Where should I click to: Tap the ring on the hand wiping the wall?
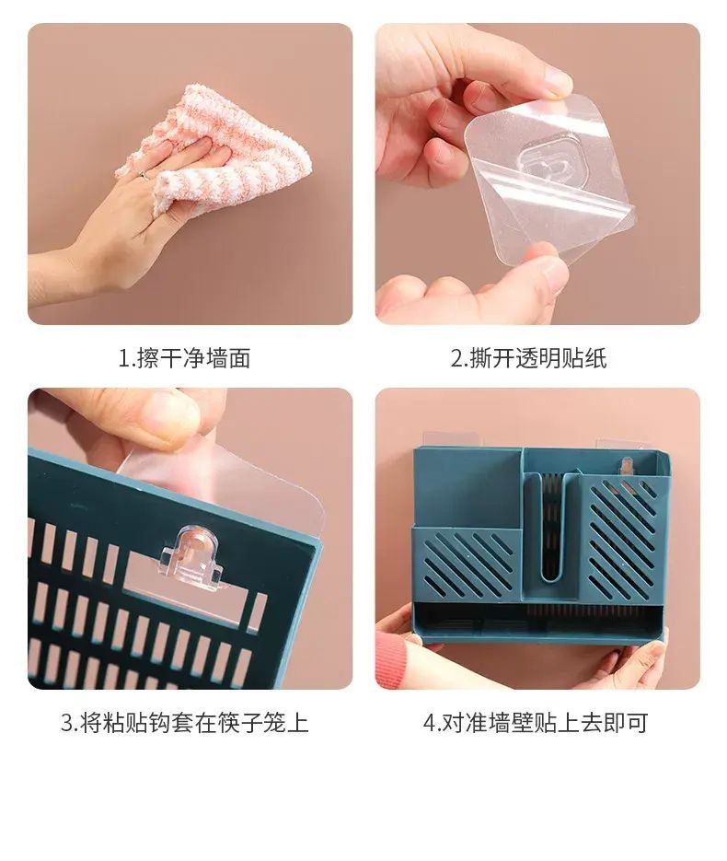pos(143,175)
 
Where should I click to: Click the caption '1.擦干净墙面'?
pos(185,358)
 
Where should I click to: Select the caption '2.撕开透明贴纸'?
pos(529,358)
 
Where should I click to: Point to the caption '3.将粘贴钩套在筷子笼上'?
pos(185,722)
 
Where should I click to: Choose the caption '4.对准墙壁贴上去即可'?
pos(537,722)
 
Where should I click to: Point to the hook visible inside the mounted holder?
pos(626,467)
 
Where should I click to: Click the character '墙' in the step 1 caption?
pos(218,358)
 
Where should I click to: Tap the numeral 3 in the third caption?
pos(67,723)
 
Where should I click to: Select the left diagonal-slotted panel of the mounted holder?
pos(466,563)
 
